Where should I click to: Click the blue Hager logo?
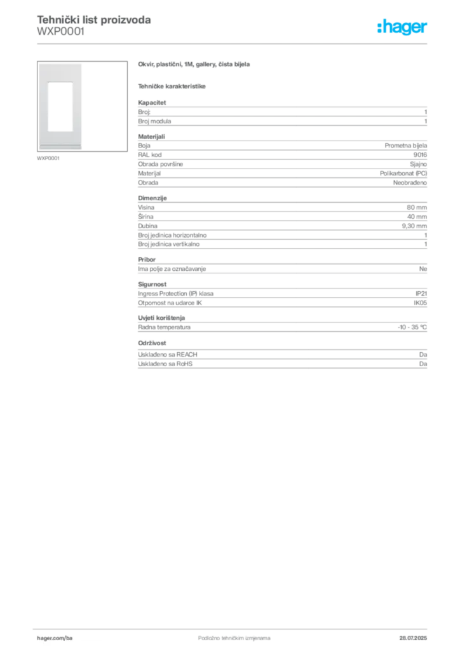pyautogui.click(x=403, y=27)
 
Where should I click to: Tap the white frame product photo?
pyautogui.click(x=60, y=106)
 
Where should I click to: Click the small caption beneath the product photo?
pyautogui.click(x=48, y=158)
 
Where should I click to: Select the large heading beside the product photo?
pyautogui.click(x=196, y=65)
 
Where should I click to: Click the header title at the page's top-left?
pyautogui.click(x=94, y=21)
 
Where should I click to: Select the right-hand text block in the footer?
pyautogui.click(x=414, y=634)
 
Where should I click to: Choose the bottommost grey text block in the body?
pyautogui.click(x=281, y=358)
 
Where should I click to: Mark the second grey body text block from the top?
pyautogui.click(x=281, y=161)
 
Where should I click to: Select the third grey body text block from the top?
pyautogui.click(x=281, y=226)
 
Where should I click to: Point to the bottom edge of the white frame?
pyautogui.click(x=60, y=147)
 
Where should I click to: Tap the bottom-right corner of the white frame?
pyautogui.click(x=82, y=149)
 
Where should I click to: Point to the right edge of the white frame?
pyautogui.click(x=82, y=106)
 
